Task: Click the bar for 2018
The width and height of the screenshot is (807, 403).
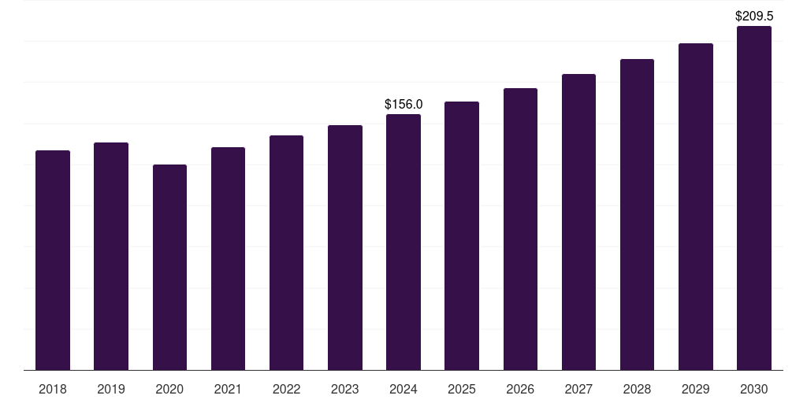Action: (x=53, y=260)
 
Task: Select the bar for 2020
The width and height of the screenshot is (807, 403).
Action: (x=169, y=267)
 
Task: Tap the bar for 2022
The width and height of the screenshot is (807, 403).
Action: (x=286, y=253)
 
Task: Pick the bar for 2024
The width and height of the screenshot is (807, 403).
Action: (x=403, y=242)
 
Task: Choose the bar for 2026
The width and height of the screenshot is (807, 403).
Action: (x=520, y=229)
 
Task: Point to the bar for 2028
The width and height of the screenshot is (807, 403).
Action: (x=637, y=214)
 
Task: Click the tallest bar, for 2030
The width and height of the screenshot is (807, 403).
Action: (x=754, y=198)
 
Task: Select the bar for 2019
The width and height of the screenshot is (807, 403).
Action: (x=111, y=256)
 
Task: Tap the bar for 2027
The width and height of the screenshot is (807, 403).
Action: (x=578, y=222)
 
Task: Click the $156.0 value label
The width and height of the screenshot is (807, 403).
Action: (x=403, y=104)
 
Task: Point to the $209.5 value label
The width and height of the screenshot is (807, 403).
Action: (x=754, y=16)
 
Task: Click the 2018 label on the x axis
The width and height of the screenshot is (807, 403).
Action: (x=53, y=389)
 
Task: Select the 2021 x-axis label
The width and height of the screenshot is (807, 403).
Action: (x=228, y=389)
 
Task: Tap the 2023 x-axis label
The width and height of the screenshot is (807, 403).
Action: (x=345, y=389)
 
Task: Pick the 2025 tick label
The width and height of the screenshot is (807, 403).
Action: (x=462, y=389)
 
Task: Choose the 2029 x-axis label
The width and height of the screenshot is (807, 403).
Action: (x=696, y=389)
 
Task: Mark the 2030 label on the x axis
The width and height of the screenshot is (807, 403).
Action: (x=754, y=389)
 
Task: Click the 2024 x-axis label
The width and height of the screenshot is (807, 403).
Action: (x=403, y=389)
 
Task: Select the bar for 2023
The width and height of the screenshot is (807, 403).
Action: (x=345, y=247)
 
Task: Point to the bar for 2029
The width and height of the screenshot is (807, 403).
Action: (x=696, y=206)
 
